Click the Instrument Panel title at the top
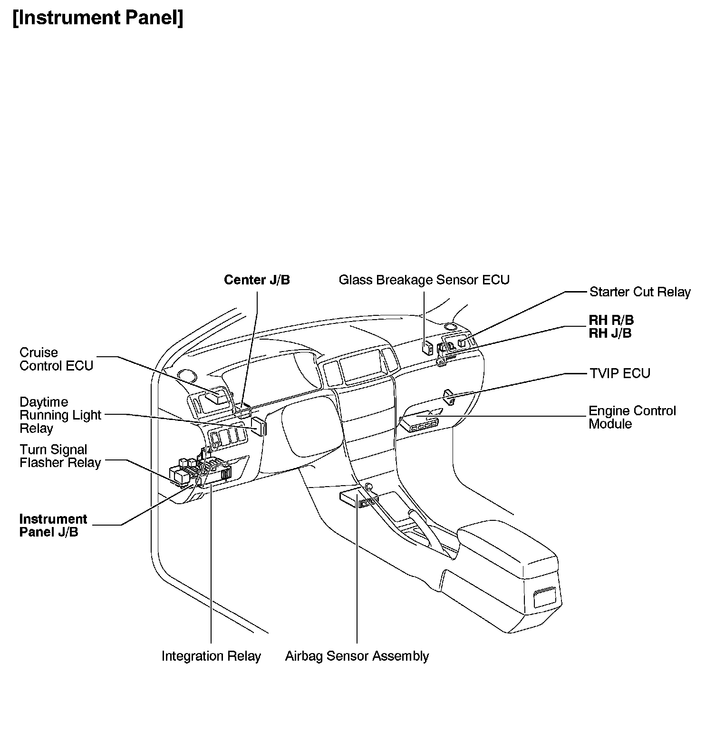97,18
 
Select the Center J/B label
257,280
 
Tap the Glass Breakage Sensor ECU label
424,280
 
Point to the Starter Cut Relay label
639,292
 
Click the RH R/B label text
611,320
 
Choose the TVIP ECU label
619,373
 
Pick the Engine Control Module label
632,417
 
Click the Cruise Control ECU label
56,359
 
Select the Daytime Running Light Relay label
60,415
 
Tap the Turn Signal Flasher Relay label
60,456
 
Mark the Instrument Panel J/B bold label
53,525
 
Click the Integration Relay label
211,656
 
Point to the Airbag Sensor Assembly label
357,656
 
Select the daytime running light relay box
259,426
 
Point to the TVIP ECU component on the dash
449,397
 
